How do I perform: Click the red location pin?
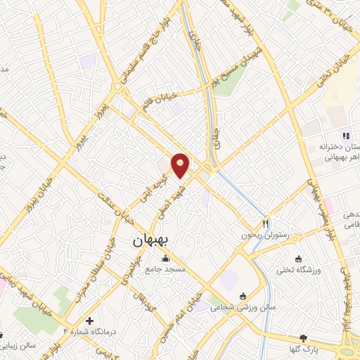tap(181, 165)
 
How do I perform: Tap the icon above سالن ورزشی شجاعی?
tap(243, 295)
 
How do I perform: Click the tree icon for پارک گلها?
tap(303, 338)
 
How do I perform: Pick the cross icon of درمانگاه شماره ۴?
tap(89, 320)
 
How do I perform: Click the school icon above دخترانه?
tap(345, 135)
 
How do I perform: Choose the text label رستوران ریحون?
tap(266, 236)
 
